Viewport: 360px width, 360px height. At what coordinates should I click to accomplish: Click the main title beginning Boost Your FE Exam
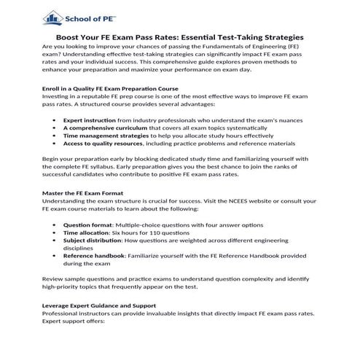point(180,37)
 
